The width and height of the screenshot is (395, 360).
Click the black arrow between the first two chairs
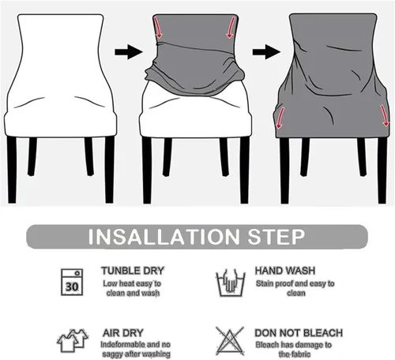click(x=129, y=52)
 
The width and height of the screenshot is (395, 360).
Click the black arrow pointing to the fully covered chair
click(x=266, y=52)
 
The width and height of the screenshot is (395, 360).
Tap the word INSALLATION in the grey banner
click(x=164, y=237)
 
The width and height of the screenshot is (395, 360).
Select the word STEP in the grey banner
click(x=276, y=237)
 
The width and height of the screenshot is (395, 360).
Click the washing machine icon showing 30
click(x=72, y=282)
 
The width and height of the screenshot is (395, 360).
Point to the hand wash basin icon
click(x=231, y=283)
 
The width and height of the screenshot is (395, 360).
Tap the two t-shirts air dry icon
click(x=73, y=340)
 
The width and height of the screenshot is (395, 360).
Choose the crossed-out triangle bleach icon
click(x=230, y=341)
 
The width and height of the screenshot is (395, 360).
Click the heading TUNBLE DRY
click(x=133, y=271)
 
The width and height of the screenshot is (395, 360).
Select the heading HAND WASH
click(x=285, y=271)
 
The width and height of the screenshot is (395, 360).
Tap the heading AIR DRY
click(x=123, y=333)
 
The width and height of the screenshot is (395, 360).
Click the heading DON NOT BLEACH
click(x=299, y=333)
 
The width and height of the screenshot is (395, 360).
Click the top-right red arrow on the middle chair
click(x=231, y=28)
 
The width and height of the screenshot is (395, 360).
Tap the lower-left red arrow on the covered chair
click(x=280, y=118)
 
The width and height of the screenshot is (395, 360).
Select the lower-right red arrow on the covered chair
click(x=384, y=116)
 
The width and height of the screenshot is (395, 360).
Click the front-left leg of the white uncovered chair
click(x=12, y=170)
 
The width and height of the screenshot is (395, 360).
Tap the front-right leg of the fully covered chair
click(x=382, y=171)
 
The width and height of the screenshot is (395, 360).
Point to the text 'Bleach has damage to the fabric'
click(x=294, y=349)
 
